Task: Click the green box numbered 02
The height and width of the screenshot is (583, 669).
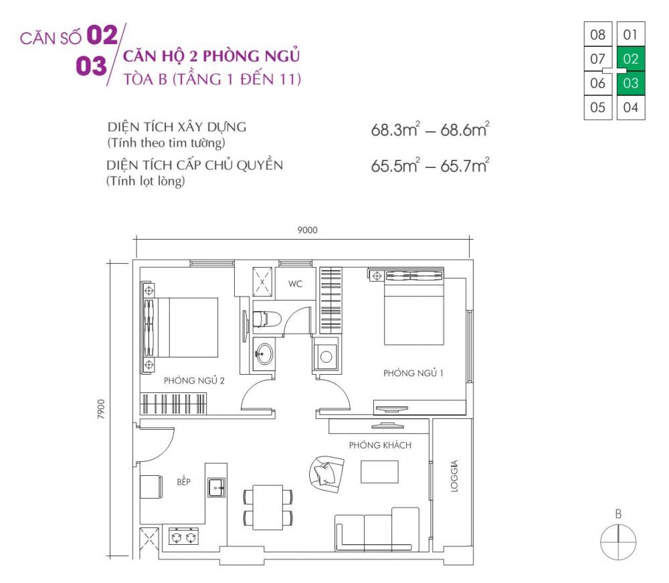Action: [x=630, y=59]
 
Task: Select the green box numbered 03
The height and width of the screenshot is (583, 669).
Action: [x=630, y=84]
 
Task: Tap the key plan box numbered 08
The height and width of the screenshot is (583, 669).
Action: [x=597, y=34]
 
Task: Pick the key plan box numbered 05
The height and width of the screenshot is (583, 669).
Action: [x=597, y=107]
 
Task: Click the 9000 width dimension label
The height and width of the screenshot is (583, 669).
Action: [x=307, y=230]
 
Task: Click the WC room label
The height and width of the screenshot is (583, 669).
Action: [x=295, y=284]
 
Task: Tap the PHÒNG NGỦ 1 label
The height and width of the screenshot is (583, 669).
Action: [x=413, y=373]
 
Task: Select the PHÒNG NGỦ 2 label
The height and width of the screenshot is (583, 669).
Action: [x=194, y=380]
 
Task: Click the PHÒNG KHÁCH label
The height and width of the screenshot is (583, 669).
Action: [x=379, y=445]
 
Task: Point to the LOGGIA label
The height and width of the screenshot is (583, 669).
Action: [x=454, y=476]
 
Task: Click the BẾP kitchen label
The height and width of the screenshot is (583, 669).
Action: [x=183, y=481]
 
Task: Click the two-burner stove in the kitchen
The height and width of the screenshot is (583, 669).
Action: [x=184, y=536]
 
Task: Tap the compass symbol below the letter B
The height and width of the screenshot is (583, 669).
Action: [x=618, y=541]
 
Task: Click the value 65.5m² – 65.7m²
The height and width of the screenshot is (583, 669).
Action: [x=430, y=166]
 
